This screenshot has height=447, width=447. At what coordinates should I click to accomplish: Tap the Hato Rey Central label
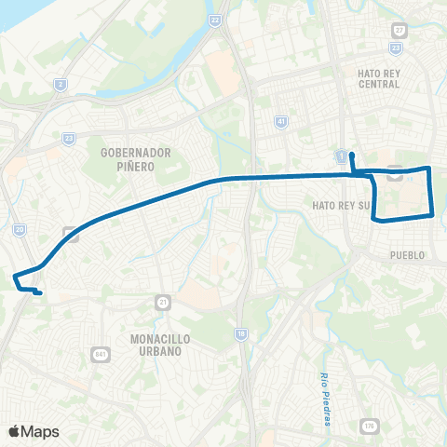378,77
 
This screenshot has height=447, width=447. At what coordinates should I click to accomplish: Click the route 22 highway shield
216,20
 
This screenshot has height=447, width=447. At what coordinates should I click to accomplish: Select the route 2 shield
61,85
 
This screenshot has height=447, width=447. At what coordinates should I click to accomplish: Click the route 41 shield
280,121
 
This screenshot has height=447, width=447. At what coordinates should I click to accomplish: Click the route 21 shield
163,303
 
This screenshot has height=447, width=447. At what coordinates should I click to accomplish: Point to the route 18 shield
240,332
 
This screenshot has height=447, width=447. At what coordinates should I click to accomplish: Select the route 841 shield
101,354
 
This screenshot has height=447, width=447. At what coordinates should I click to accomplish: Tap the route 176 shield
370,426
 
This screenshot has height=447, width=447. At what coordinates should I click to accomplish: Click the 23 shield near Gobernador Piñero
69,138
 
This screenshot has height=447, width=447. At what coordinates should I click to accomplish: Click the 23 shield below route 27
397,46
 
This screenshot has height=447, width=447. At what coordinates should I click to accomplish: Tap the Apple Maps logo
34,431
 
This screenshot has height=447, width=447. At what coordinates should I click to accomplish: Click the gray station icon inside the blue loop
395,172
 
